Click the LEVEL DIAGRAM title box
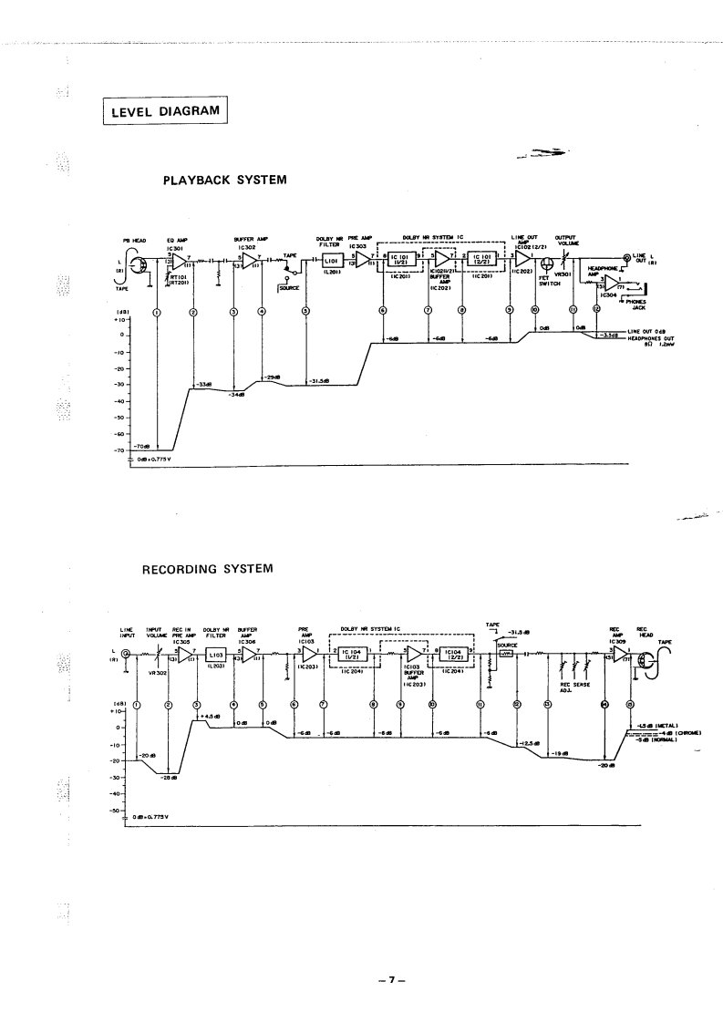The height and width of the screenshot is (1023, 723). pyautogui.click(x=163, y=111)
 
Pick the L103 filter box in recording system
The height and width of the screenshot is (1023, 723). pyautogui.click(x=217, y=654)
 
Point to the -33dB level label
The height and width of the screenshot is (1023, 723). pyautogui.click(x=204, y=385)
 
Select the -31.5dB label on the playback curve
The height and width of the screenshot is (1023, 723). pyautogui.click(x=318, y=381)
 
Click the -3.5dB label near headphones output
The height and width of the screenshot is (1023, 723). pyautogui.click(x=609, y=335)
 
